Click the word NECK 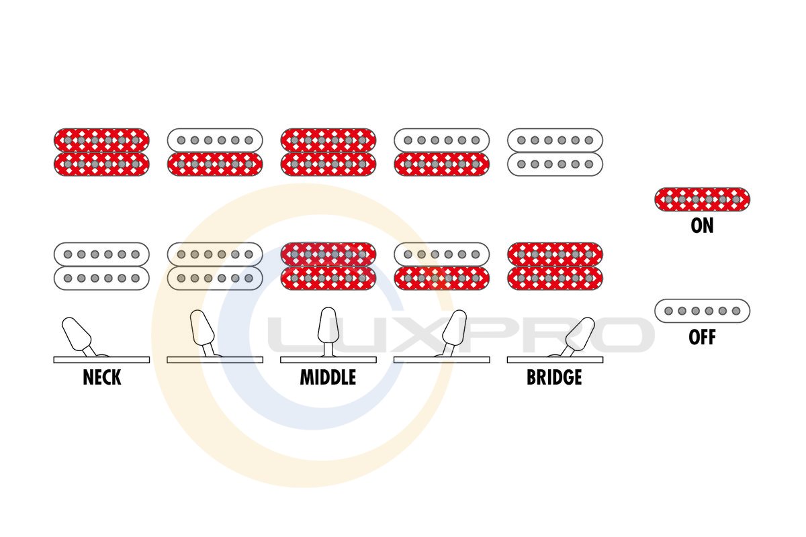(x=102, y=377)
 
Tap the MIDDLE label (x=328, y=377)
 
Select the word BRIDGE (x=555, y=377)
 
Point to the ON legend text (x=702, y=226)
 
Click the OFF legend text (x=702, y=337)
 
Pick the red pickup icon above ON (x=703, y=199)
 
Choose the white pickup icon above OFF (x=703, y=311)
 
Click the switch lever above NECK (x=79, y=336)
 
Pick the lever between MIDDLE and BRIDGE (x=453, y=333)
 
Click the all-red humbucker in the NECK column (x=101, y=152)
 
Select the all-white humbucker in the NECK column (x=101, y=266)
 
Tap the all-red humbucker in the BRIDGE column (x=555, y=266)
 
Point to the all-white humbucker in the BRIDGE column (x=555, y=152)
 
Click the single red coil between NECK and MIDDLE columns (x=215, y=164)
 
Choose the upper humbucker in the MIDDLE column (x=328, y=152)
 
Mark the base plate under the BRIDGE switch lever (x=555, y=360)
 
